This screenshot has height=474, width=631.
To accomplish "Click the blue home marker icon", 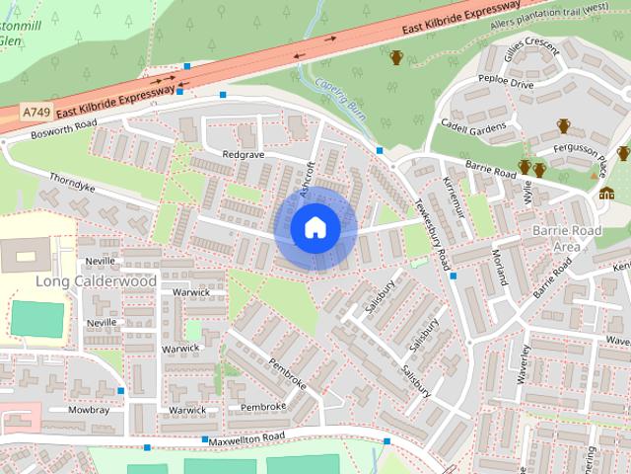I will pos(315,227).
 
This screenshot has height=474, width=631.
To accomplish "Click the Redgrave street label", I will pos(245,156).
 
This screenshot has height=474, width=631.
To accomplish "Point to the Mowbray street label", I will pos(89,409).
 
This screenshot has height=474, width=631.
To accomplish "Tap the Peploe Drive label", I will pos(507,85).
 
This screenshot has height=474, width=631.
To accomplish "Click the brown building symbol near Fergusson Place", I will pos(606,193).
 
